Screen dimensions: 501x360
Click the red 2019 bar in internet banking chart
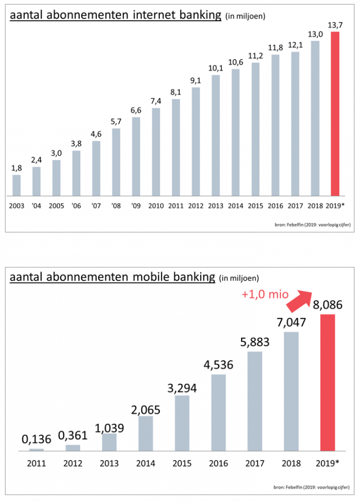335,114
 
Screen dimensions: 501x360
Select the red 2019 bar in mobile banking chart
328,383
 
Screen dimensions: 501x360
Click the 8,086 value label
328,305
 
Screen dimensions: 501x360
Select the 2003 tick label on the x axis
16,206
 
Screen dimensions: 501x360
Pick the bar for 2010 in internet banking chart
156,152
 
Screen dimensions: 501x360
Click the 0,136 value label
37,439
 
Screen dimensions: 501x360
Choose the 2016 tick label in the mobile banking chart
219,463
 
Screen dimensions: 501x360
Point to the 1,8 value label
16,168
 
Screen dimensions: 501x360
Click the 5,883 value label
255,342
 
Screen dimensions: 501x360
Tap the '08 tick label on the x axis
116,206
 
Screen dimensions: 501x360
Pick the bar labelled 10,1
215,136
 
